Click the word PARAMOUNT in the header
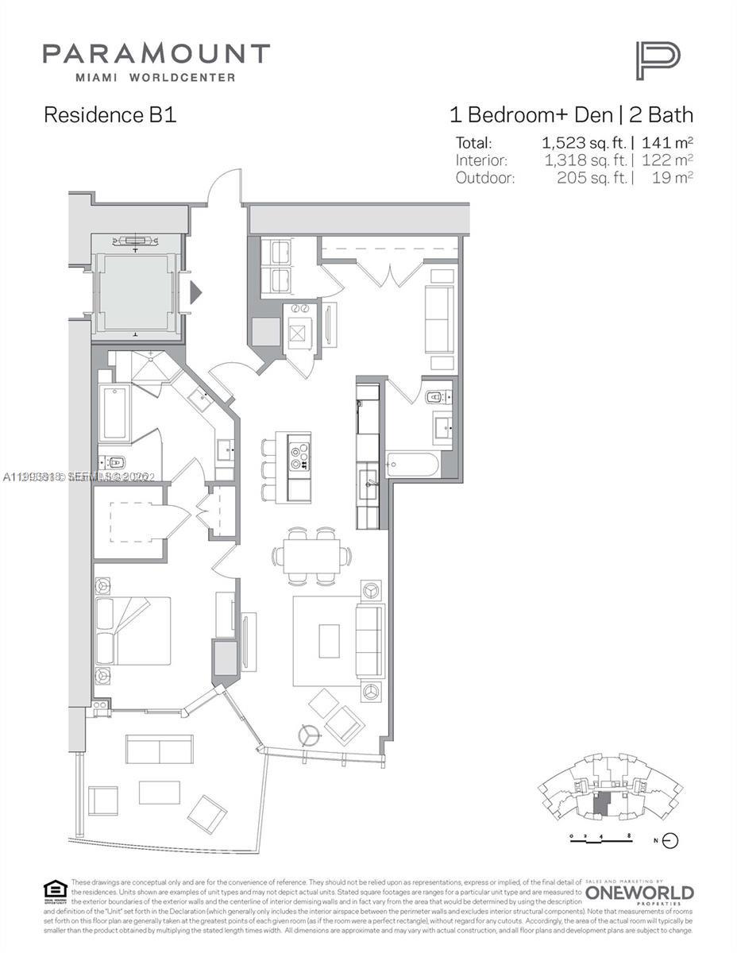pyautogui.click(x=156, y=54)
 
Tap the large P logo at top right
pyautogui.click(x=657, y=61)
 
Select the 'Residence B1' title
pyautogui.click(x=110, y=115)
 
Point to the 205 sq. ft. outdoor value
pyautogui.click(x=592, y=177)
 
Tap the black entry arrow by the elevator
pyautogui.click(x=195, y=293)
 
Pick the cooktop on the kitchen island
pyautogui.click(x=298, y=455)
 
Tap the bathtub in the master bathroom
pyautogui.click(x=114, y=412)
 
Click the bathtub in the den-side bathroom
pyautogui.click(x=412, y=465)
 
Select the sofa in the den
pyautogui.click(x=439, y=318)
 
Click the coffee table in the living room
pyautogui.click(x=329, y=640)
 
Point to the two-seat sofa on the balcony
pyautogui.click(x=159, y=749)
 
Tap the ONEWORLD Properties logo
pyautogui.click(x=639, y=893)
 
